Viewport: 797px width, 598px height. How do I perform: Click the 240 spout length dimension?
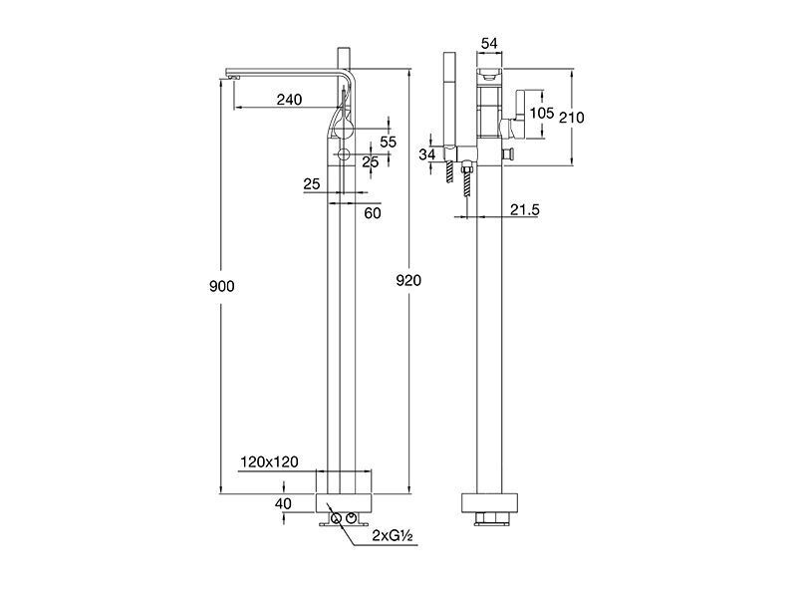[289, 99]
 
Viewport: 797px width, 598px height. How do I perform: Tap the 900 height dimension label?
[222, 286]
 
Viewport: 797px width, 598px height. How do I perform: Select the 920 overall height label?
[408, 280]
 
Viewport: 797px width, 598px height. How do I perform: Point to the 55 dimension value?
[388, 142]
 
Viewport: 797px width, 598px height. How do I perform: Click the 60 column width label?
[373, 213]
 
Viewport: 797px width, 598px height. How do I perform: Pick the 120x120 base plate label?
[269, 461]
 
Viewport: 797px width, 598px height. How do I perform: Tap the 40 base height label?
[283, 503]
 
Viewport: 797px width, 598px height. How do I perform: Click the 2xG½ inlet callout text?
[392, 535]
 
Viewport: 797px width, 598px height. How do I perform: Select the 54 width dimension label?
[489, 44]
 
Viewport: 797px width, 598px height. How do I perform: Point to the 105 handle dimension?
[541, 113]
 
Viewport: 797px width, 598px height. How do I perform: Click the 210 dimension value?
[571, 118]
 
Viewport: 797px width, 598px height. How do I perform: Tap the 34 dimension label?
[427, 153]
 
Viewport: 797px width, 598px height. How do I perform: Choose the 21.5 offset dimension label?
[525, 209]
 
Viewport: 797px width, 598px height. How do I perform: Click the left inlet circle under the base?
[336, 518]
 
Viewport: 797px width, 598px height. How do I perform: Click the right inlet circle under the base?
[352, 518]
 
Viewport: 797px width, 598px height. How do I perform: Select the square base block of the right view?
[490, 503]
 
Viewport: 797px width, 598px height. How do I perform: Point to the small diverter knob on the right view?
[508, 154]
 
